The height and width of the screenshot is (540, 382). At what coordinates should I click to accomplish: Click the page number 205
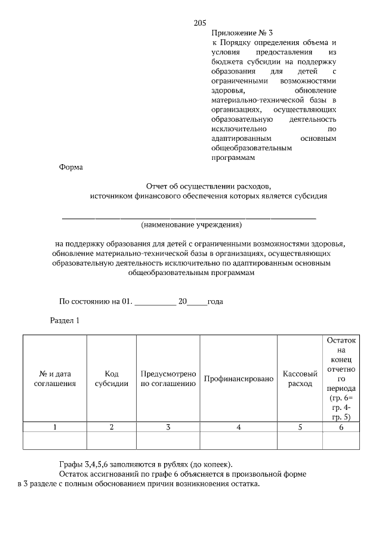(200, 23)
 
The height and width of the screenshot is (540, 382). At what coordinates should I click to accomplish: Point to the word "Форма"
(70, 168)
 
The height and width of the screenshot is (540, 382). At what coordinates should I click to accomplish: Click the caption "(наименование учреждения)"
(191, 226)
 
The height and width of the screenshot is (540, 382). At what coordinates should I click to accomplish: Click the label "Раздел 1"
(64, 321)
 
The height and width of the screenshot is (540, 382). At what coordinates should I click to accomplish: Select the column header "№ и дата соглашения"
(55, 378)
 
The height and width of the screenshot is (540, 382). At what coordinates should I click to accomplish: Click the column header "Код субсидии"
(112, 378)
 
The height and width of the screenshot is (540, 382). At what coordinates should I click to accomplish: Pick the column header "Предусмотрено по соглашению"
(168, 378)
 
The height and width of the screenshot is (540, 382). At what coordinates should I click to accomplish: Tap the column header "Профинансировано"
(238, 379)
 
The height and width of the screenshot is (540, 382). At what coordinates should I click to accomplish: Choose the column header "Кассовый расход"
(300, 378)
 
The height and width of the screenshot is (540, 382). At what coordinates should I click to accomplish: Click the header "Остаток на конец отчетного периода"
(341, 378)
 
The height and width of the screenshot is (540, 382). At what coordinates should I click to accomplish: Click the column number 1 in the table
(55, 427)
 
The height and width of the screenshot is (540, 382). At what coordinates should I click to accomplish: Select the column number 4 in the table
(238, 427)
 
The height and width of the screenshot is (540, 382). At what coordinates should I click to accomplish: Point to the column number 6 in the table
(341, 427)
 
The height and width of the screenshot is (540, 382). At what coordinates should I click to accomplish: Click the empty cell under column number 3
(168, 440)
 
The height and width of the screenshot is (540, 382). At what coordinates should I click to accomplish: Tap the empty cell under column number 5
(300, 440)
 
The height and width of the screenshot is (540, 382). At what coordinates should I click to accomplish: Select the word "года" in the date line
(215, 302)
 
